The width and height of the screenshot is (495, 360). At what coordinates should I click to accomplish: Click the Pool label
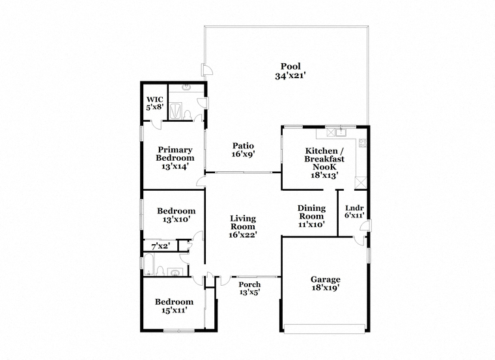pos(290,66)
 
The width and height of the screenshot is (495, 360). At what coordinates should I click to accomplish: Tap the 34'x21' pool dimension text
pos(290,76)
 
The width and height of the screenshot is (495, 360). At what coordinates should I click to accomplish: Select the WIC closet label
pos(155,100)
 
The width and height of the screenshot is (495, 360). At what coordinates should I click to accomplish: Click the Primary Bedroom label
pos(175,154)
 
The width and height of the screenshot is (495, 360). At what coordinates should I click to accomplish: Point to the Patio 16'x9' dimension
pos(243,154)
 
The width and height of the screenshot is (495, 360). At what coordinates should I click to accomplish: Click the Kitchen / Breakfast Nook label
pos(324,159)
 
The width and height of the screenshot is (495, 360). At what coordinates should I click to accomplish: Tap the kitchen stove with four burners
pos(363,143)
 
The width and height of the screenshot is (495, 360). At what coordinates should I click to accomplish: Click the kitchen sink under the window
pos(341,132)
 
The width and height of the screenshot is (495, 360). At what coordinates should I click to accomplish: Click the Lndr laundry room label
pos(354,208)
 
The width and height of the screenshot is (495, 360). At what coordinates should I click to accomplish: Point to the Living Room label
pos(243,223)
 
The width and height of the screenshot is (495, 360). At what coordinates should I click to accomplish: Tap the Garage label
pos(326,279)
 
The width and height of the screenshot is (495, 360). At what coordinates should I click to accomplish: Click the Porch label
pos(249,284)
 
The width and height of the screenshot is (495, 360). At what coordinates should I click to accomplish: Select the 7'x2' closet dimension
pos(161,247)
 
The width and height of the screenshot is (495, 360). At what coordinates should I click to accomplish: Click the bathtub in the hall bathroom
pos(148,264)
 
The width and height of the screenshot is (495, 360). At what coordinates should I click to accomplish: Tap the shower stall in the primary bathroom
pos(176,111)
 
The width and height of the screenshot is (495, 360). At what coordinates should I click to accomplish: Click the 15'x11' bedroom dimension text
pos(175,310)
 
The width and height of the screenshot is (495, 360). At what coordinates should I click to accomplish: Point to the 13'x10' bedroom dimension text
pos(177,219)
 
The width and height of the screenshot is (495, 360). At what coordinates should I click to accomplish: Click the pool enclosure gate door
pos(206,70)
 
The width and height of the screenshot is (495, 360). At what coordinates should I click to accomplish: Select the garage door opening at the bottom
pos(324,329)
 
